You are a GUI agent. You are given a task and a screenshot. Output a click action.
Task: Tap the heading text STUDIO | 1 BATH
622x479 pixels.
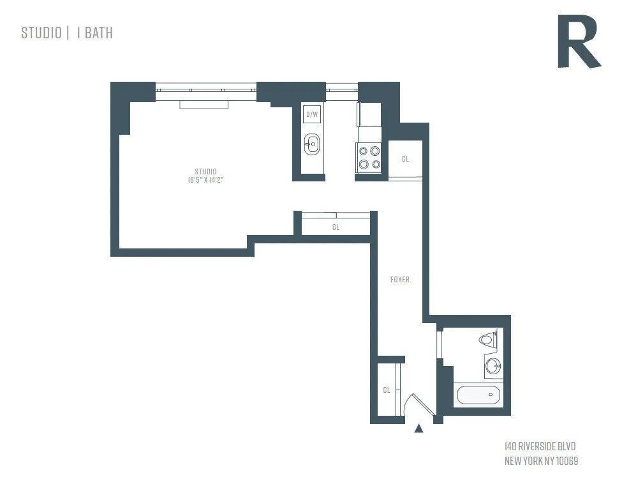67,33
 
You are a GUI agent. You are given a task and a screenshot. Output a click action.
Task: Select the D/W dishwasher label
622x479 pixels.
312,115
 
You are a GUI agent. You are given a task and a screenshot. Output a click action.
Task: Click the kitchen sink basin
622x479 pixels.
312,144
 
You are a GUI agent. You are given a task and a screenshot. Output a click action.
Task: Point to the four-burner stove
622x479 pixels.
369,157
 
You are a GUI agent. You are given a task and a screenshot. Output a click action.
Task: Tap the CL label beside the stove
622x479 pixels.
405,159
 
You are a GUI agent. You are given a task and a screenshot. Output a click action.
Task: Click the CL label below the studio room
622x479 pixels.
336,227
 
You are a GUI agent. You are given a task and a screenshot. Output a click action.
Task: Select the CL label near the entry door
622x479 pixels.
387,390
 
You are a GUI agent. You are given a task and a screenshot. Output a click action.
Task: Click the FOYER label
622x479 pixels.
400,280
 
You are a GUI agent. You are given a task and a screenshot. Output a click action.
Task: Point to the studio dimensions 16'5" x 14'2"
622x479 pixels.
205,180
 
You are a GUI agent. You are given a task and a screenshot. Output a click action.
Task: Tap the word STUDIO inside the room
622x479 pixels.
205,171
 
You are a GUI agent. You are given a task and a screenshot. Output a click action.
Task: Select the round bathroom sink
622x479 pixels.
493,367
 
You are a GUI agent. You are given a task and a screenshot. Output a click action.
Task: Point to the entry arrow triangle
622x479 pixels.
419,429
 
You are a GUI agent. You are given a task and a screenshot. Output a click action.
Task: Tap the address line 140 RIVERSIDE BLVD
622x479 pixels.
540,446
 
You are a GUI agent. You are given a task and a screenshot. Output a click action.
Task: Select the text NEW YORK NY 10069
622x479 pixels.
541,460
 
